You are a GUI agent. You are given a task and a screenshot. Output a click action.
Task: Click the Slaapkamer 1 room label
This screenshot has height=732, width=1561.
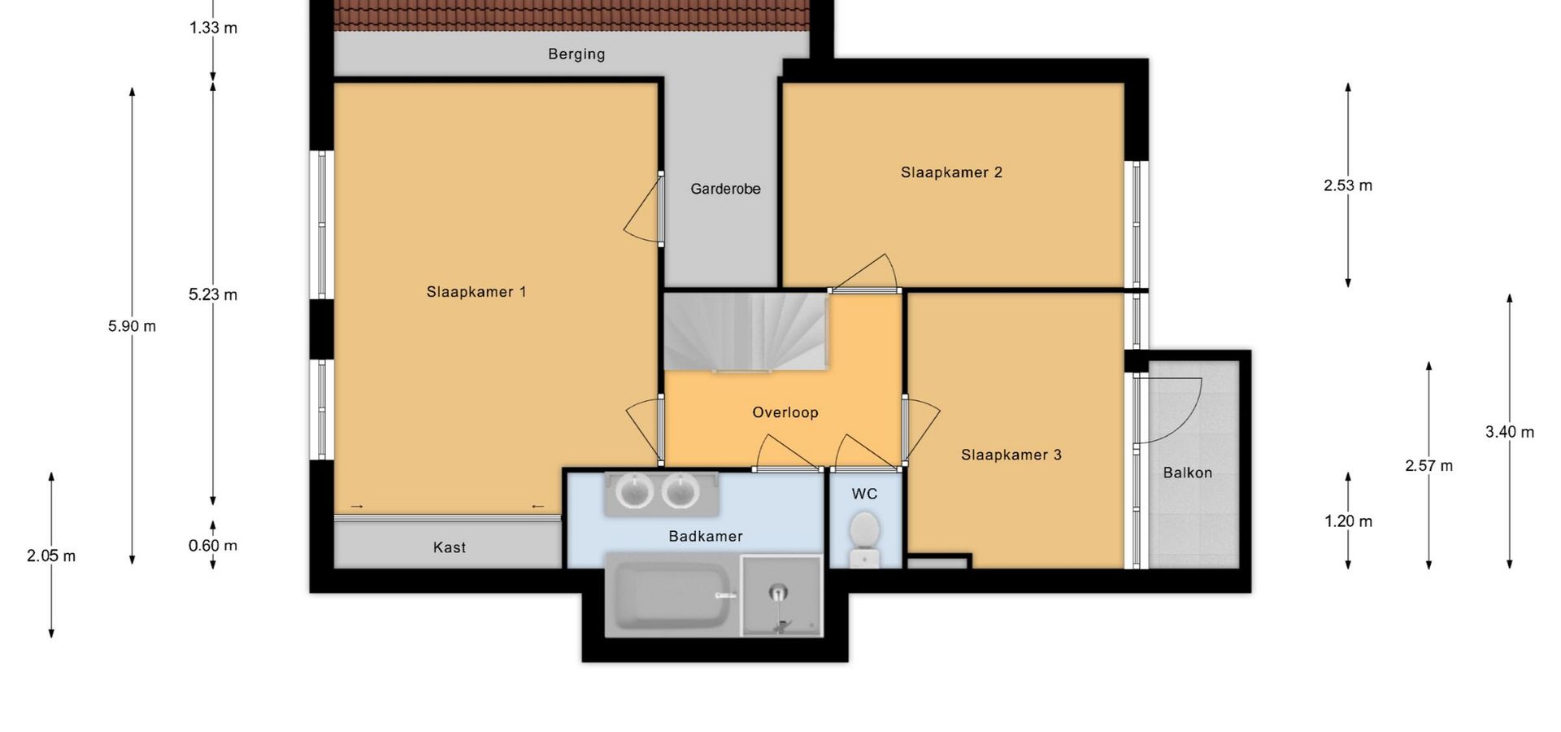(x=476, y=292)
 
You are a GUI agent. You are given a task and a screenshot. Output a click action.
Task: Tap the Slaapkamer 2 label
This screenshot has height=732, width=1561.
(x=951, y=172)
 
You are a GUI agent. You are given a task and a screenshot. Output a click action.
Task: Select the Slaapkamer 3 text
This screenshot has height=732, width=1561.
(x=1011, y=455)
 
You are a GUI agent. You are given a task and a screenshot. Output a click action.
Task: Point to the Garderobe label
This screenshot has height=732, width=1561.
(x=725, y=189)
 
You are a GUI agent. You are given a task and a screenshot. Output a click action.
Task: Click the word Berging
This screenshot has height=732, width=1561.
(x=576, y=54)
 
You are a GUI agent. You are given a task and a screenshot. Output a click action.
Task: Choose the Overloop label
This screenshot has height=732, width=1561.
(x=785, y=412)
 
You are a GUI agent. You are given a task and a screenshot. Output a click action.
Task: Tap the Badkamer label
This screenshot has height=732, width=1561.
(x=706, y=536)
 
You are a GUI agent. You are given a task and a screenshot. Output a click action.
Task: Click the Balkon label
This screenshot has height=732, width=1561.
(x=1188, y=473)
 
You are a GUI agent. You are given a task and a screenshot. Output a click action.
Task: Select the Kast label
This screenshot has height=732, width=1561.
(x=450, y=547)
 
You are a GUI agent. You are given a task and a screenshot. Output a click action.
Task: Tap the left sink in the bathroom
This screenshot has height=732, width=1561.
(x=634, y=491)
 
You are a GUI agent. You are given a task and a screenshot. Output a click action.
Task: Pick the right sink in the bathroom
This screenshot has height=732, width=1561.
(x=680, y=491)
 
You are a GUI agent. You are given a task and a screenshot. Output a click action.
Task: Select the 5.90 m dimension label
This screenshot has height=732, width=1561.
(x=132, y=326)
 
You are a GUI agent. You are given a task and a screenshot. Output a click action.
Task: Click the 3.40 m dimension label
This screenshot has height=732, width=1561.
(x=1510, y=432)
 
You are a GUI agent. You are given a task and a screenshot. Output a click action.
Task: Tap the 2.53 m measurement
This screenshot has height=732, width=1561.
(x=1348, y=185)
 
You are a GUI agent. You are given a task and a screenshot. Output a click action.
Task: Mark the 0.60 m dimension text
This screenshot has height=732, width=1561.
(x=213, y=546)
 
